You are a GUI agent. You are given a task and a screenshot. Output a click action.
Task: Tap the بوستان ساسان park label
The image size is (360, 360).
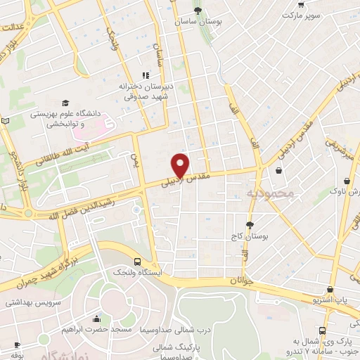pos(199,22)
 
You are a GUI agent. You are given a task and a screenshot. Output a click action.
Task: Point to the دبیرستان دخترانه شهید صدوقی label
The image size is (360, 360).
pos(146,91)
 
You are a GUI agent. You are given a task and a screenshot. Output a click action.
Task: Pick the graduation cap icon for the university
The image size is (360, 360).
pos(65,103)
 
